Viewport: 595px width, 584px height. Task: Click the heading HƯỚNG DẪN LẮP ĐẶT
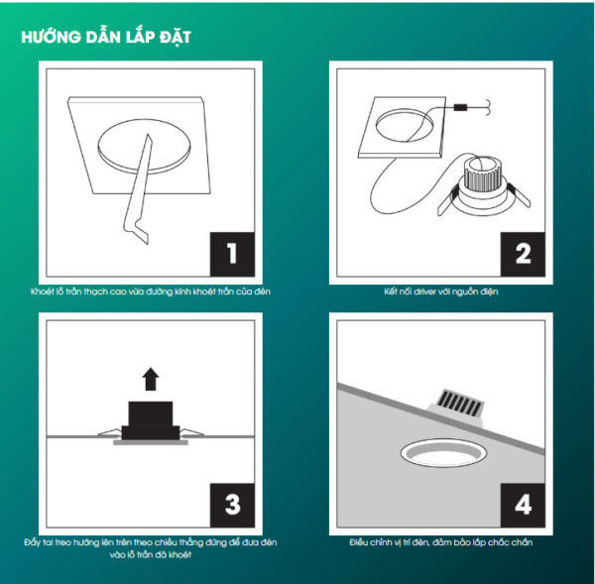[x=106, y=38]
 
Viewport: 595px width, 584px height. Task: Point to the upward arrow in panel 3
[x=150, y=378]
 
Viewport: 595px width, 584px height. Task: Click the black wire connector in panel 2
[x=460, y=106]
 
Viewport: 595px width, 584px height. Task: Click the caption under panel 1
[x=150, y=292]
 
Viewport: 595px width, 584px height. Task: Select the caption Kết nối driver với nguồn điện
[x=439, y=292]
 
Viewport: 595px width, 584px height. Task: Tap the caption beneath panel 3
[x=150, y=548]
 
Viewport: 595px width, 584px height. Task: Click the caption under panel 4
[x=439, y=542]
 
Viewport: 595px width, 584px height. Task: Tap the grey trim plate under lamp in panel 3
[x=149, y=443]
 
